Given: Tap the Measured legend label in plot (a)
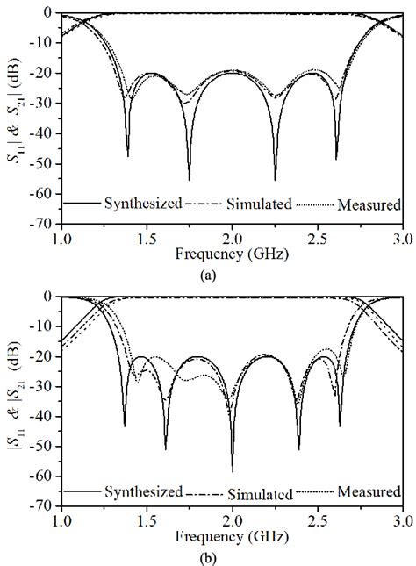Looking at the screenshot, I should (371, 204).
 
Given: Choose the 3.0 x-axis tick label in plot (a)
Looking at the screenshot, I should (402, 238).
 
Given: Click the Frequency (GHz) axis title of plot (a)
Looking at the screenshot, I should (232, 253).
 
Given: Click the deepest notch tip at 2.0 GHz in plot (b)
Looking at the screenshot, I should (233, 470).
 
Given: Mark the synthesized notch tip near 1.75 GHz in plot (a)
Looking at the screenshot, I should (189, 179).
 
